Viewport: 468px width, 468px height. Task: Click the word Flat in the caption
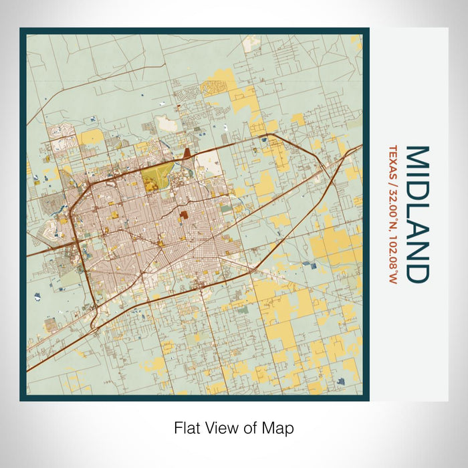[187, 428]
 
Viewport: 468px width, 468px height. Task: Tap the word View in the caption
[220, 428]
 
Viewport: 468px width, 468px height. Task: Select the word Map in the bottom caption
[280, 428]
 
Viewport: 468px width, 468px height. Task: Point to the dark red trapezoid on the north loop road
[187, 154]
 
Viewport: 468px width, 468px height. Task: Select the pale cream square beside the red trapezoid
[209, 159]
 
